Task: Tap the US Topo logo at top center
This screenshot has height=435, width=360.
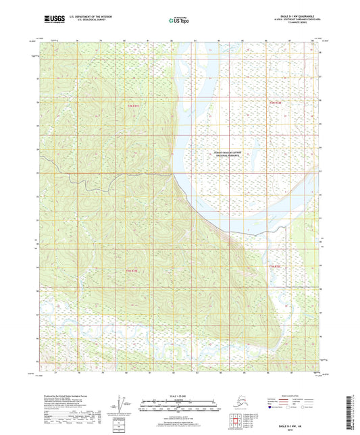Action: (x=179, y=20)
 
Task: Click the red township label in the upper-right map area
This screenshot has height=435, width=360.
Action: (x=274, y=103)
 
